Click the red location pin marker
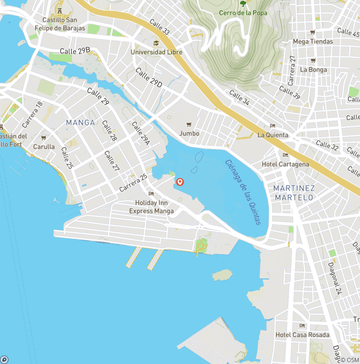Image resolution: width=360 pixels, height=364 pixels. pos(180,182)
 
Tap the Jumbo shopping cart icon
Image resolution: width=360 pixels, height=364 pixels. pos(189,124)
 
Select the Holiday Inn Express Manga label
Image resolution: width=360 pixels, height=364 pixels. pos(151,207)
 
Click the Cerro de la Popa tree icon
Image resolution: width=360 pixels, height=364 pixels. pos(243,4)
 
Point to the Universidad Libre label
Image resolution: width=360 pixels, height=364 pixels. pos(157,52)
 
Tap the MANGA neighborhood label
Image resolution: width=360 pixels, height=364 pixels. pos(80,123)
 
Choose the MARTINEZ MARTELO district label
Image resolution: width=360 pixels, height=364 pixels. pos(294,193)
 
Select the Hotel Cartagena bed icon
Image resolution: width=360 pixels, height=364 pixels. pos(285,155)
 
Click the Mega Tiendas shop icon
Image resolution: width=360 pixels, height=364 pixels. pos(313,32)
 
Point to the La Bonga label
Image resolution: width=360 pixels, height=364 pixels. pos(313,70)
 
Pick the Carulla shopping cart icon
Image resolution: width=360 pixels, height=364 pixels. pos(44,138)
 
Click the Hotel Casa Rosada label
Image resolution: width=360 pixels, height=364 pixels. pos(302,335)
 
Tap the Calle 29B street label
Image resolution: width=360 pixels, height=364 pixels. pos(75,51)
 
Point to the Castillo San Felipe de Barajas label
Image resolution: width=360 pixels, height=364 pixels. pos(60,24)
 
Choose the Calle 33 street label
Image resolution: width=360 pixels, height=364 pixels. pos(159,27)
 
